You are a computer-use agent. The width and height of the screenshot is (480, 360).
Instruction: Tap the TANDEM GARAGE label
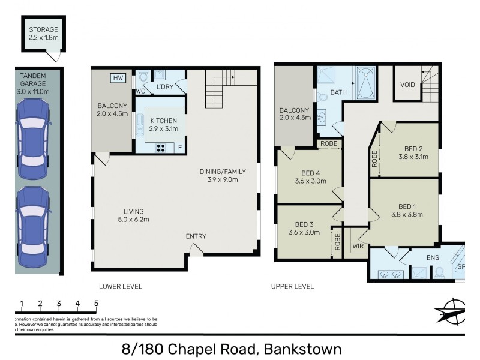coord(35,79)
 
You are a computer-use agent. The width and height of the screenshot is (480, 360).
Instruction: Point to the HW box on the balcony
coord(118,77)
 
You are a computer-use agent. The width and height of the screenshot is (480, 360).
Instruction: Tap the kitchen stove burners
coord(162,147)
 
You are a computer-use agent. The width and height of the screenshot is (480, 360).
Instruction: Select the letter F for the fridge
coord(179,147)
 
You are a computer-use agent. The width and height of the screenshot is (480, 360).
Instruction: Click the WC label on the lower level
coord(141,91)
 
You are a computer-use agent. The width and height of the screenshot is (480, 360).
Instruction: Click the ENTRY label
coord(196,236)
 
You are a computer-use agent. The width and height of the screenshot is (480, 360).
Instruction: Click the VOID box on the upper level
coord(407,85)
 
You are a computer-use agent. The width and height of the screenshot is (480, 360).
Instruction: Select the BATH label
coord(338,92)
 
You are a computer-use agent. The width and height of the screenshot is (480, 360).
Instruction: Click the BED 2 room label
coord(413,153)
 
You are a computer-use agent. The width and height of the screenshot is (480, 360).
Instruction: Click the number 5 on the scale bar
coord(96,303)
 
